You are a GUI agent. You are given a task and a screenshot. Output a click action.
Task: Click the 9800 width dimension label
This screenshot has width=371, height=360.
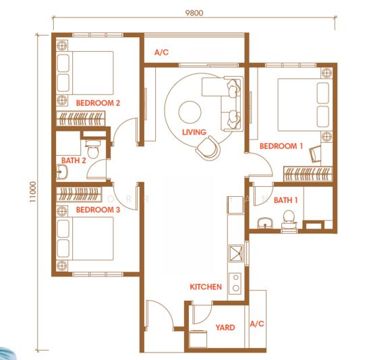194,13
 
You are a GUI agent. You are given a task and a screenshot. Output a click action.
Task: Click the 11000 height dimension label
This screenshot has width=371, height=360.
32,191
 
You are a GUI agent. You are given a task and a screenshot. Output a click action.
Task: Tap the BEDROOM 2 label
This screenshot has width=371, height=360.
98,103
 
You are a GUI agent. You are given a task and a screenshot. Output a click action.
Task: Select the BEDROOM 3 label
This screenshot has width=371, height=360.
98,210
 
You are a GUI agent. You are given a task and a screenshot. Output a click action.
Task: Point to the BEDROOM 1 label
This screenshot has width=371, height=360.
281,146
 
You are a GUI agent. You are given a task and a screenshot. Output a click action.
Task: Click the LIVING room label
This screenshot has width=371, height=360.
194,132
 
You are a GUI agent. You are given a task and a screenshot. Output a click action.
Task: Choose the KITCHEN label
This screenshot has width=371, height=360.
206,287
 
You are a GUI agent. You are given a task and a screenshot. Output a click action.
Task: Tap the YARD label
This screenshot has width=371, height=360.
225,328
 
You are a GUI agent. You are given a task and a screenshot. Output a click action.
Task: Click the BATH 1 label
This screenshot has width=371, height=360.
285,200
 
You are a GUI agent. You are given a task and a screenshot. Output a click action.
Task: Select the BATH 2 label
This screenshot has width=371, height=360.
74,160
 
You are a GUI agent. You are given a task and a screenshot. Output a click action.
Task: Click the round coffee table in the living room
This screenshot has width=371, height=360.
190,112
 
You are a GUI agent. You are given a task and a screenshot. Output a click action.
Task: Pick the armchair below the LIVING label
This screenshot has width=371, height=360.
208,148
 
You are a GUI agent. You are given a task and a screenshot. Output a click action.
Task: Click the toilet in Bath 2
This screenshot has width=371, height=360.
93,148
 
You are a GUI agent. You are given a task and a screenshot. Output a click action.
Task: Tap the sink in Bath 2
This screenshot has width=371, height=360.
62,171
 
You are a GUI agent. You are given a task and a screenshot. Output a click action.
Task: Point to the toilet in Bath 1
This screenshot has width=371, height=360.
289,220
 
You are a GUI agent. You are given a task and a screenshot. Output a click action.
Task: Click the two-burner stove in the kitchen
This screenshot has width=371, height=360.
235,283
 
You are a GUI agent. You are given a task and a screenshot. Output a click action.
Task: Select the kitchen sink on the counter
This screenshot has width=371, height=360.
236,253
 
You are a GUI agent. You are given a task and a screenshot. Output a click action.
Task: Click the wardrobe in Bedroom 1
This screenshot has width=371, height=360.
308,174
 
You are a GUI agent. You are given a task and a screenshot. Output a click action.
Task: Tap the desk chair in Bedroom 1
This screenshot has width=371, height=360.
315,154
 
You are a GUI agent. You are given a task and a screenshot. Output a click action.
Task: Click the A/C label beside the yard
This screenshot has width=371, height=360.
257,324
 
